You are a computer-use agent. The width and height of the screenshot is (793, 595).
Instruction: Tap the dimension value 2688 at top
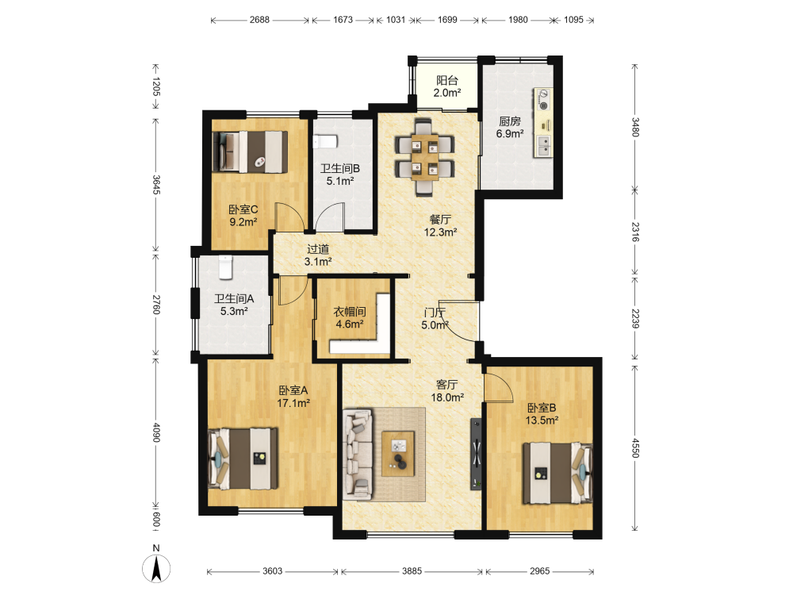click(259, 20)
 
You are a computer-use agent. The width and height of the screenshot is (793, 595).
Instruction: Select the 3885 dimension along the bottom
click(412, 570)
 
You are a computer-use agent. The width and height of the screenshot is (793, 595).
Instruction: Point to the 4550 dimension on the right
click(636, 447)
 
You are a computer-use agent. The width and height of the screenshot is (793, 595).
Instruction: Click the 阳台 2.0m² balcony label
click(447, 86)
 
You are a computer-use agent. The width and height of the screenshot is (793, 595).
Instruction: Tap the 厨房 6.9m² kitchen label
click(510, 128)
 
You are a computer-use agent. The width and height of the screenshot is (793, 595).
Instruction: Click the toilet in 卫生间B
click(325, 141)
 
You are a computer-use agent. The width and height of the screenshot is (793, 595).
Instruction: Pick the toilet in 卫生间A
click(225, 267)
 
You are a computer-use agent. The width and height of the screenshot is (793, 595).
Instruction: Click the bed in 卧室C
click(251, 152)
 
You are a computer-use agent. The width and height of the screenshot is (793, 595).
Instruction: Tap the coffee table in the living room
click(398, 454)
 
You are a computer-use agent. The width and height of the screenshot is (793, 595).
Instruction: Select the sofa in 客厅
click(358, 455)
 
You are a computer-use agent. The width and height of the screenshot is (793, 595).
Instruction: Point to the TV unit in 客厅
click(477, 454)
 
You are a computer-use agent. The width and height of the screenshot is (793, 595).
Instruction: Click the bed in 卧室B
click(557, 473)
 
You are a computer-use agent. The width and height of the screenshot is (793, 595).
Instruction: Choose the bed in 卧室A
click(243, 459)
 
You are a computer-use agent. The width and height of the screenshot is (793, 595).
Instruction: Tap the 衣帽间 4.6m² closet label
click(350, 318)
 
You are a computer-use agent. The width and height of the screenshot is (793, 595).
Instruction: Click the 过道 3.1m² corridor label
click(318, 255)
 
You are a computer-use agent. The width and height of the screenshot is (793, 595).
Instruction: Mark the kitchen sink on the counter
click(544, 145)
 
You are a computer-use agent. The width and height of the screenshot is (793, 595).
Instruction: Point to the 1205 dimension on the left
click(155, 86)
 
